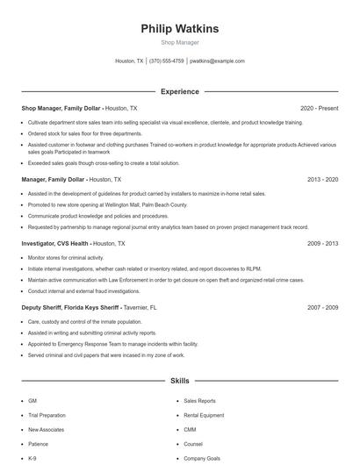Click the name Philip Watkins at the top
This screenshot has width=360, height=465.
click(180, 28)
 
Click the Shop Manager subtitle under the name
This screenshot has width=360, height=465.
click(180, 42)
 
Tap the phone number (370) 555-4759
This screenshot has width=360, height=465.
click(167, 61)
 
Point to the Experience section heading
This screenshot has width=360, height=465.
click(180, 91)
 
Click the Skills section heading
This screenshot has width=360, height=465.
click(180, 382)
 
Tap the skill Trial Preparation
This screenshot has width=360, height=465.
click(47, 415)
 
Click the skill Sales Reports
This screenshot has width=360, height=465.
click(199, 400)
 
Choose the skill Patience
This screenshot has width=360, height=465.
click(40, 444)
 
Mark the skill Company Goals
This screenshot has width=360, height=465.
click(202, 459)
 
